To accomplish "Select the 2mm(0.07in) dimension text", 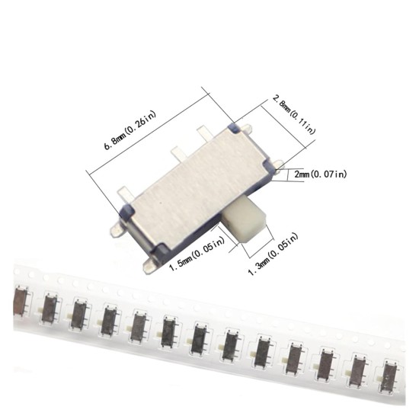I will click(320, 174).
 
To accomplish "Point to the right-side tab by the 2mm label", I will click(279, 165).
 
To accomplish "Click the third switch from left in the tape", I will click(78, 314).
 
